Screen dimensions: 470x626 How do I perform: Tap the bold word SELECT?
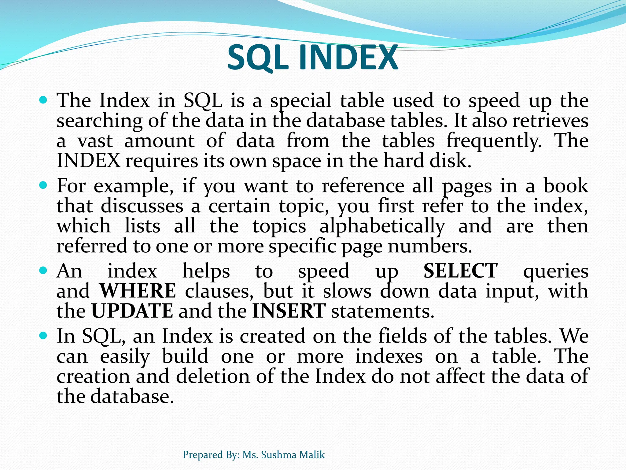click(x=460, y=271)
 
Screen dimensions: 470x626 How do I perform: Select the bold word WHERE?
click(x=138, y=291)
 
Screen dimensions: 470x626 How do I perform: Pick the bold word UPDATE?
click(x=132, y=311)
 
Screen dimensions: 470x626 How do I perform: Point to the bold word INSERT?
click(x=289, y=311)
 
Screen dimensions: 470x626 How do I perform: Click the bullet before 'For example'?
click(x=43, y=185)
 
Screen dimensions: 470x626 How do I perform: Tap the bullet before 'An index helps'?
click(x=43, y=270)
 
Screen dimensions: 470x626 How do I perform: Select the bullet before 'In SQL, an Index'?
click(x=43, y=336)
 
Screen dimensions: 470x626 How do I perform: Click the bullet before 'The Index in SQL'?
click(x=43, y=100)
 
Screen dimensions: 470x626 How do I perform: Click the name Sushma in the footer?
click(x=279, y=455)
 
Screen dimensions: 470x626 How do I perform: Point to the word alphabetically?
click(x=382, y=227)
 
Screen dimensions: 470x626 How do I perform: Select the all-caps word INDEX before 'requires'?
click(x=89, y=161)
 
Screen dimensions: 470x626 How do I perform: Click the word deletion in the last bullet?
click(x=212, y=376)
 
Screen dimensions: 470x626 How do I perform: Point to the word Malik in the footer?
click(x=312, y=455)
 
